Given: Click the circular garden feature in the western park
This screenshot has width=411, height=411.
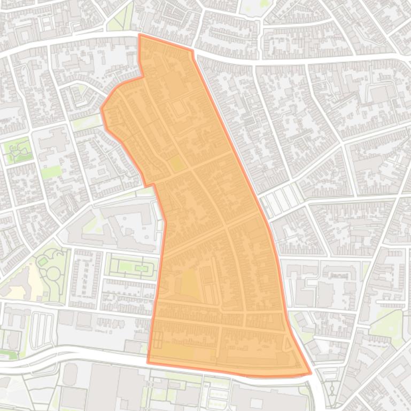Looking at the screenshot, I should coord(53,273).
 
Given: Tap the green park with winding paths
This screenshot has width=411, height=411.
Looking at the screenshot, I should coord(18,150).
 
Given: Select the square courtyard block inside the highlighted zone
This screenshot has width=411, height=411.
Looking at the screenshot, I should coord(177,108).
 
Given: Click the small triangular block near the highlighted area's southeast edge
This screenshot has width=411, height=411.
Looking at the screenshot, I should coord(288,345).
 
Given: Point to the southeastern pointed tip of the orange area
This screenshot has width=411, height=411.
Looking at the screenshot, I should coord(311,373).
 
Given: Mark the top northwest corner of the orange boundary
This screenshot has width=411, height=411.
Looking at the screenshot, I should coord(139,35).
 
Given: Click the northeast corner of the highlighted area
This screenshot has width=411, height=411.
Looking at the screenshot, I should coord(192,51).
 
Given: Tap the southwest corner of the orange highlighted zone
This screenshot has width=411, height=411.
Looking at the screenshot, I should coord(148,362).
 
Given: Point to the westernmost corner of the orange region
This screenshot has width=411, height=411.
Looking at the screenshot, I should coord(102,109).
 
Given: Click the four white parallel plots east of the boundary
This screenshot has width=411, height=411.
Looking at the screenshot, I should coord(281,200).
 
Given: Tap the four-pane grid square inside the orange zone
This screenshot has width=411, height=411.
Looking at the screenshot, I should coord(158,339).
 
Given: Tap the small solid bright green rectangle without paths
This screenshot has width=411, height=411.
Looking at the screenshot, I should coord(51,172).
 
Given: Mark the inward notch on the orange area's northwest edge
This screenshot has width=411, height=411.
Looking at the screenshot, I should coord(143,77).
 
